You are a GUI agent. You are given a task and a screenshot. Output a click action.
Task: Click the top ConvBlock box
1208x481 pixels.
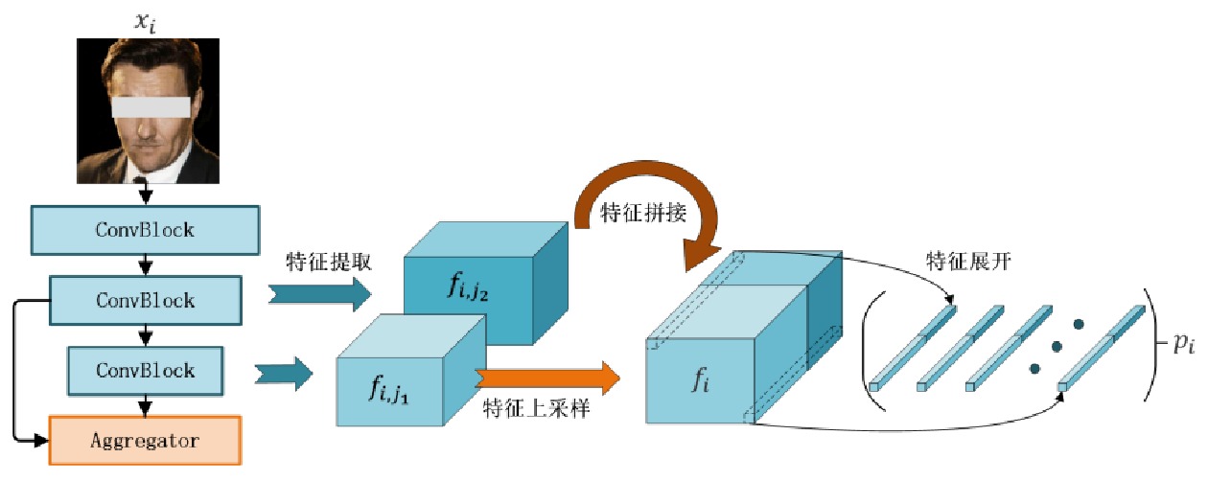coord(145,230)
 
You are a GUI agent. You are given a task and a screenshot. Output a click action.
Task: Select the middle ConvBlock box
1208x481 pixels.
coord(145,300)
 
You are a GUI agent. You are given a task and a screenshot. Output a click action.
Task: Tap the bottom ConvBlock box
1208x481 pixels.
coord(145,370)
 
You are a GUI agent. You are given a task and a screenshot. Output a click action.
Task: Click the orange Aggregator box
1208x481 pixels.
coord(145,441)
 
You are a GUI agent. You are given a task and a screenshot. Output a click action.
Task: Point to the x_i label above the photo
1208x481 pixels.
coord(146,18)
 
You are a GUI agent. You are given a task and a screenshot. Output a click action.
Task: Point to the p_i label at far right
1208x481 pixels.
coord(1183,345)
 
